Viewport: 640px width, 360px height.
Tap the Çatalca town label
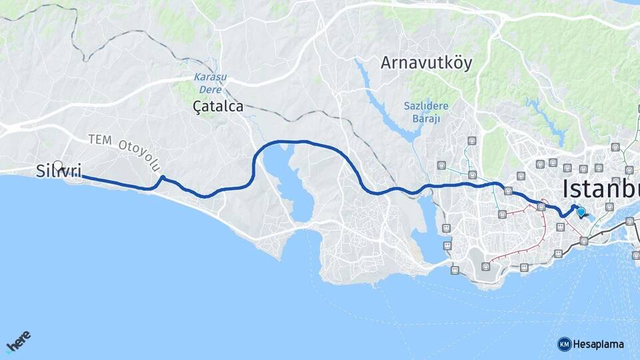(217, 106)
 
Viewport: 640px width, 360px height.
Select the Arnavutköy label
(426, 63)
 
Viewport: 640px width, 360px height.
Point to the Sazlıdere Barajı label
(426, 112)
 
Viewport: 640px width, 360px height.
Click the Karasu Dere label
(210, 83)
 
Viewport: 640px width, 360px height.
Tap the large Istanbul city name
(600, 189)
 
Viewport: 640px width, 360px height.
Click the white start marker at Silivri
(58, 166)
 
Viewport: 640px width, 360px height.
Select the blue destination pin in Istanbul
(581, 212)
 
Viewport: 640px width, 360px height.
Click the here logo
(19, 342)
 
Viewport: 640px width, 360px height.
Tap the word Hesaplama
(599, 344)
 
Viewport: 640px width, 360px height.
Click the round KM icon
(564, 344)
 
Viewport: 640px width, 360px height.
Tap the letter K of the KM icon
(561, 344)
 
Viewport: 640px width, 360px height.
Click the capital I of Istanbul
(565, 189)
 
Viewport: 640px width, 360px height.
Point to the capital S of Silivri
(40, 172)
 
